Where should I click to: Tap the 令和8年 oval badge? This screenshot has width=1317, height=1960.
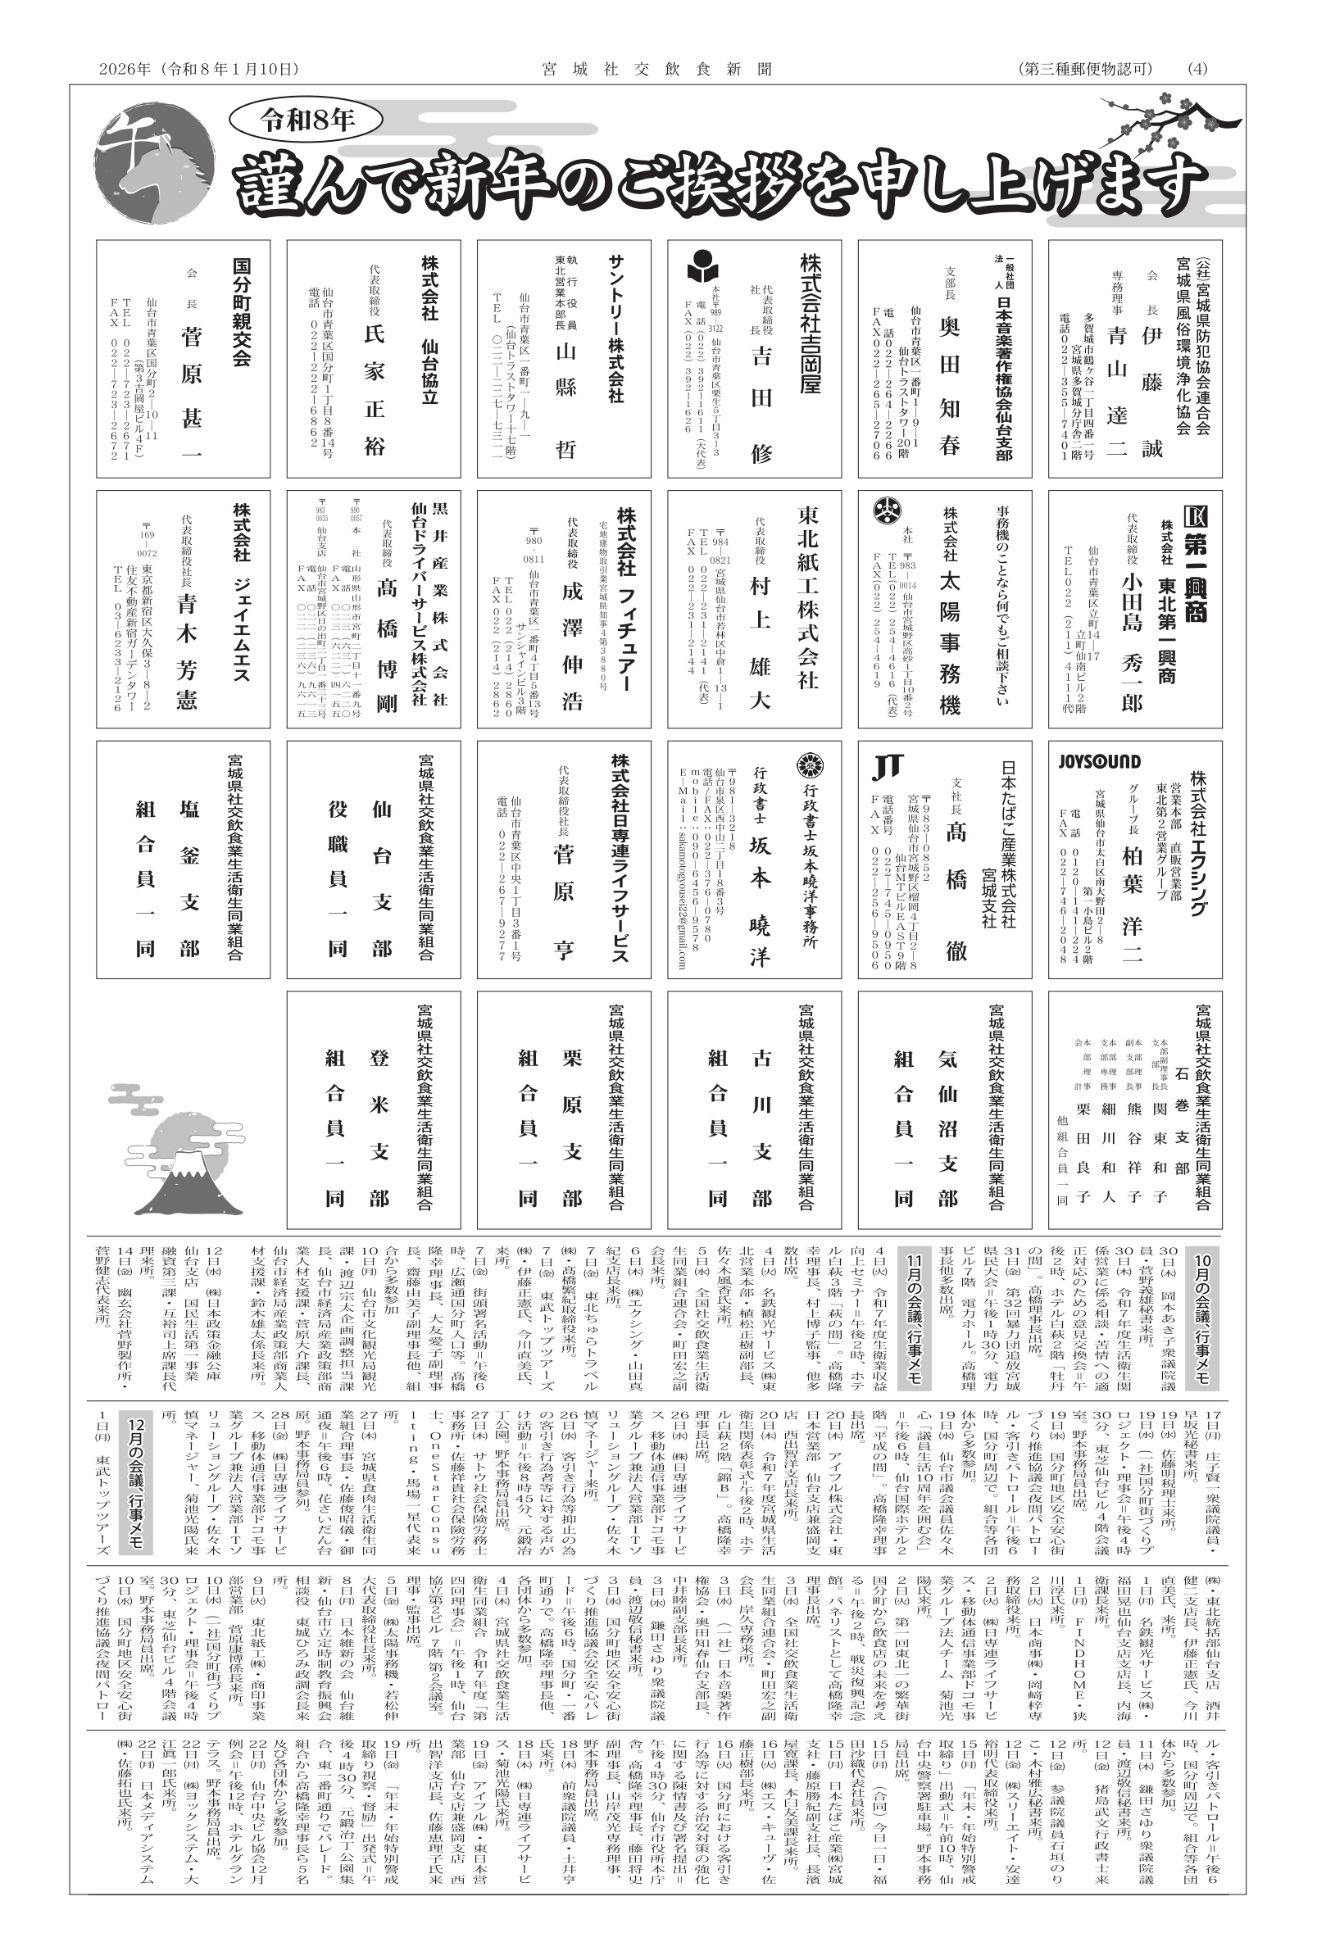tap(307, 120)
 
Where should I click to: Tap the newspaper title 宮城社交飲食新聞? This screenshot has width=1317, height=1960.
tap(657, 69)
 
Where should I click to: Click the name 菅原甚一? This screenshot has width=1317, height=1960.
tap(192, 395)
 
